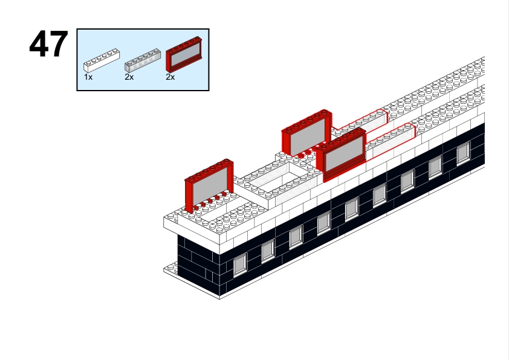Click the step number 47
coord(48,45)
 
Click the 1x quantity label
coord(88,77)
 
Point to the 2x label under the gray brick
coord(129,77)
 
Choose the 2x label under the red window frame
coord(170,77)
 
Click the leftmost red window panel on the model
coord(209,185)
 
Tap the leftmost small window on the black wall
coord(240,262)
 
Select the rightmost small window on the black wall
coord(463,153)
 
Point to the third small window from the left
coord(296,236)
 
